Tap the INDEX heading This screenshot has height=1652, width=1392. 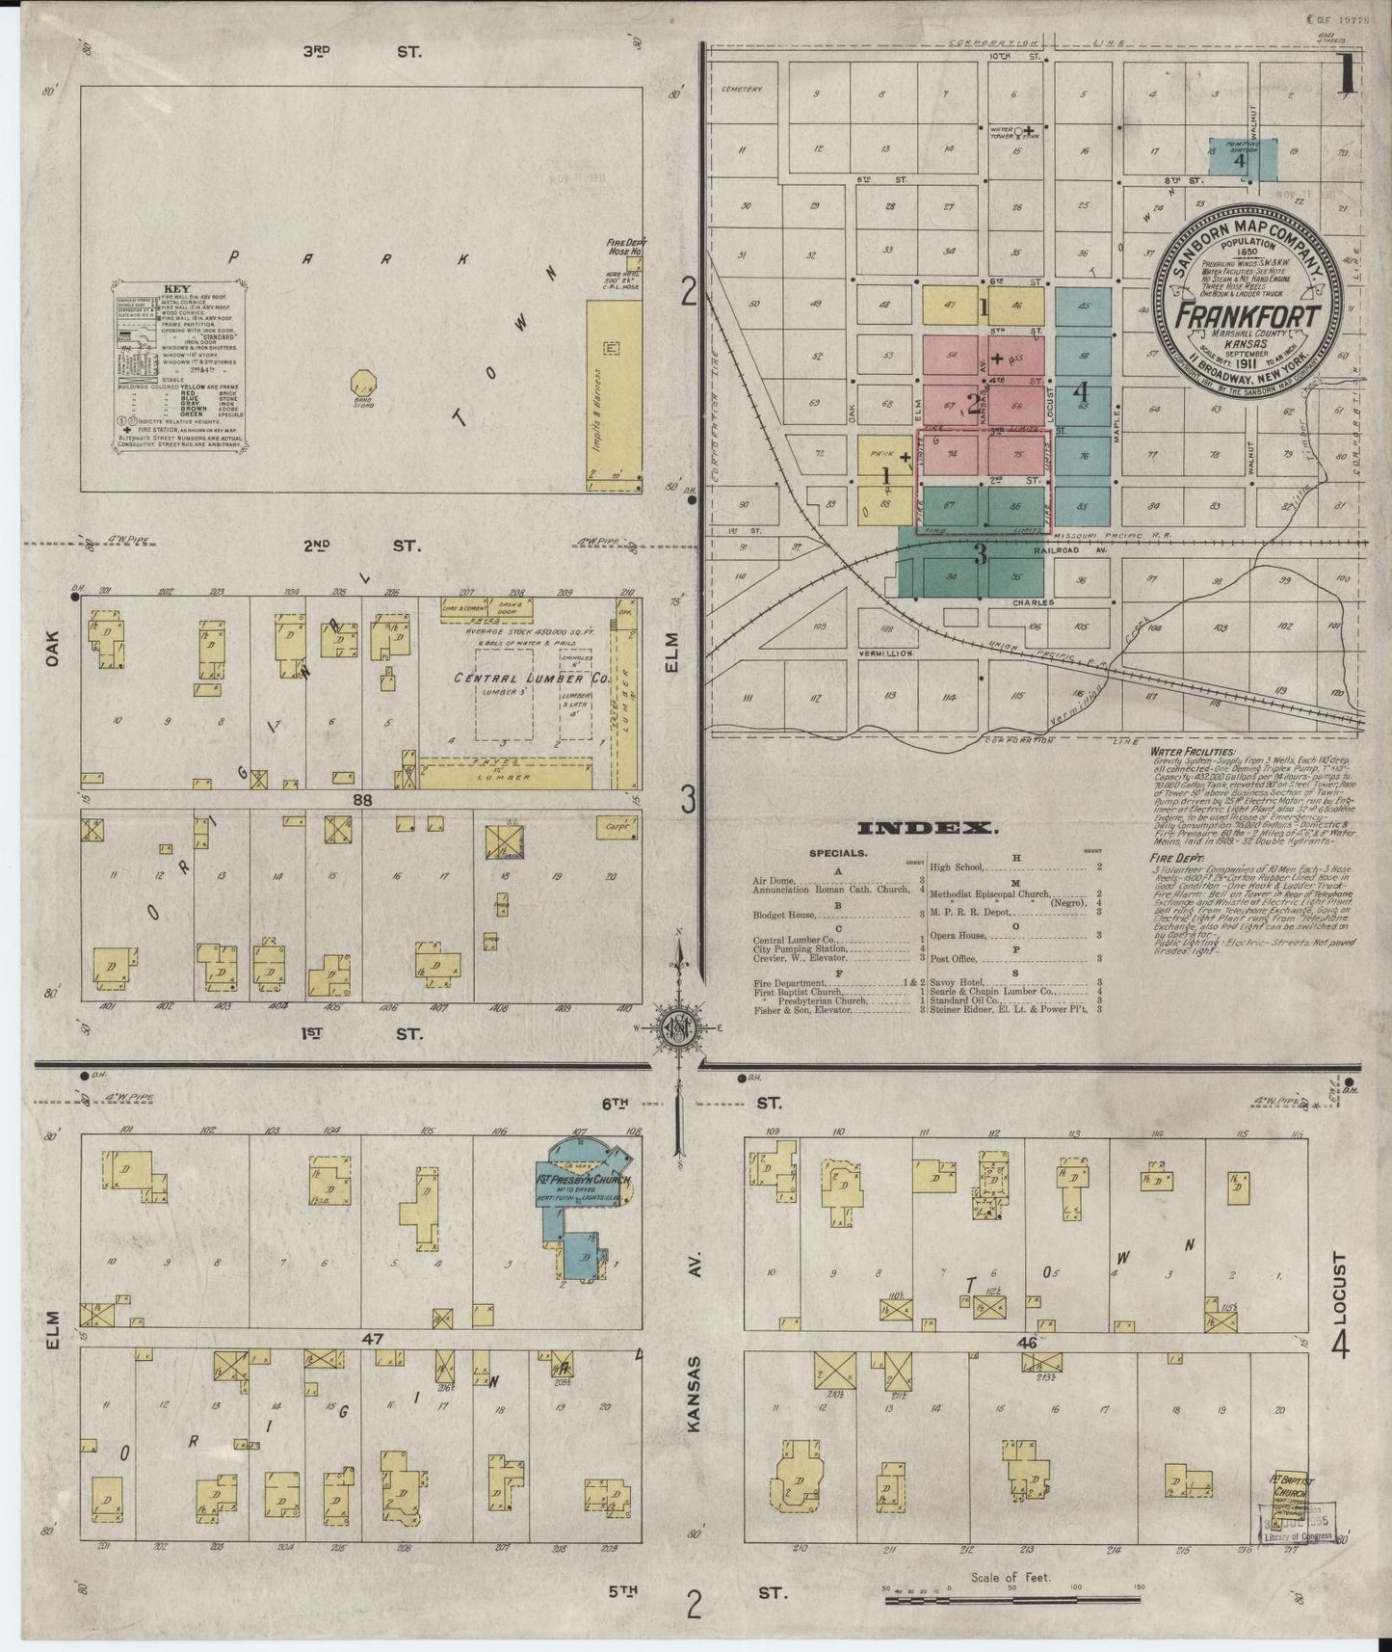pos(926,828)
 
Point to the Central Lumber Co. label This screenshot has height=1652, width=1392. pos(532,679)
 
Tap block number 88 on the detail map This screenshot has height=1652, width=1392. pos(361,799)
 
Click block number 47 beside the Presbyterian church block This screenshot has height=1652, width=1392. pos(372,1338)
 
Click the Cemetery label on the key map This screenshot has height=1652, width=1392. pos(741,89)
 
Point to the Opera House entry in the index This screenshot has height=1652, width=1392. pos(957,935)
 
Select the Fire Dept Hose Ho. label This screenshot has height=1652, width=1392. pos(623,246)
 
